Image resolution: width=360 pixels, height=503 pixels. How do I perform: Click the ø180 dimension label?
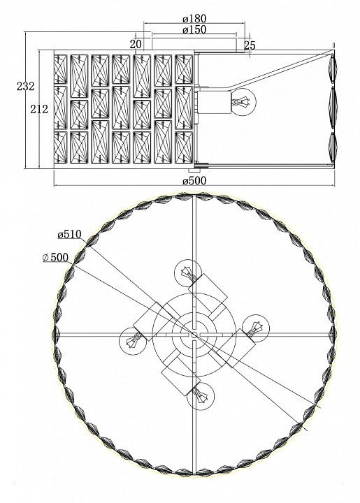194,19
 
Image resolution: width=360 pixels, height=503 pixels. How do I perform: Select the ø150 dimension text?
194,30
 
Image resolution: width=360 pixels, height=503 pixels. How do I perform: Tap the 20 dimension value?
136,44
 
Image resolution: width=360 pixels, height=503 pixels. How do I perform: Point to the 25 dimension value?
250,45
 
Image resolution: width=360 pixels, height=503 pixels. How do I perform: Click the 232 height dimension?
25,87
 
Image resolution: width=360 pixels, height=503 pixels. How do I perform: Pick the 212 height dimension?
39,110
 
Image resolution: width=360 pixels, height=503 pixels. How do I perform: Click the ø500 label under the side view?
194,181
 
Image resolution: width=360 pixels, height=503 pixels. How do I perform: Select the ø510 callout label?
70,235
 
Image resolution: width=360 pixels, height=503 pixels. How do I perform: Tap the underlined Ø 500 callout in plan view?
55,257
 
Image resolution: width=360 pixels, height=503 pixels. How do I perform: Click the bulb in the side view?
244,101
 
